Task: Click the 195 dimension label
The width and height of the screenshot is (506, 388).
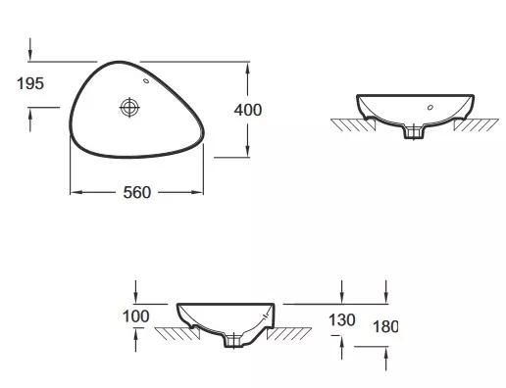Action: coord(30,83)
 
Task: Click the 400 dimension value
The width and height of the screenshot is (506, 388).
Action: coord(248,110)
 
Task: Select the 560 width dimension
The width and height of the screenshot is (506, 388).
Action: coord(137,192)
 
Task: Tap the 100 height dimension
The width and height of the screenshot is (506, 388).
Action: coord(136,316)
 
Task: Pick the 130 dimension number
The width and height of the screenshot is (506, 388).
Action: coord(342,320)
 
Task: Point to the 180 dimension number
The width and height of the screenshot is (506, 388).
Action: coord(385,326)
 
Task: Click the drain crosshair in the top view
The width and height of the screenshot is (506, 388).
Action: coord(129,107)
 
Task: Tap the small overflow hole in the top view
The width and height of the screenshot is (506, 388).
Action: coord(146,80)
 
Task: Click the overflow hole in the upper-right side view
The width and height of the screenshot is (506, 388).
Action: coord(430,107)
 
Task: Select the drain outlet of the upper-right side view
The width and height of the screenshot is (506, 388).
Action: coord(414,131)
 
